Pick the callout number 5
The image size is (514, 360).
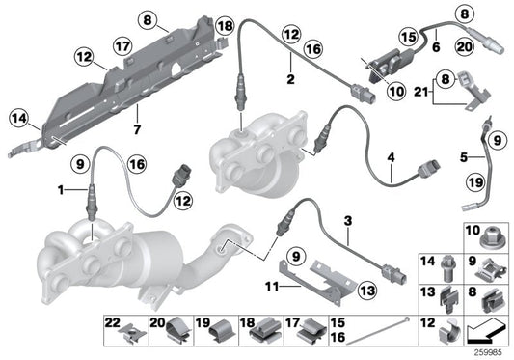tap(464, 157)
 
